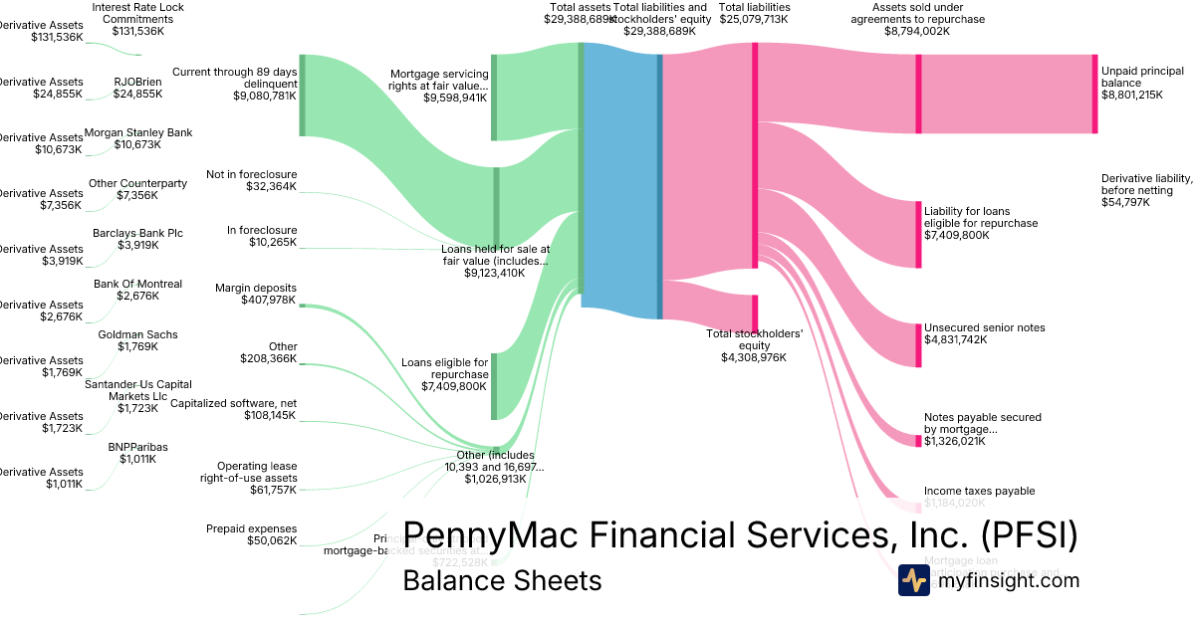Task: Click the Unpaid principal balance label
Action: (1142, 77)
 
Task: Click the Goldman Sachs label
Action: (137, 334)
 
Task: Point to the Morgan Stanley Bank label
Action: (138, 132)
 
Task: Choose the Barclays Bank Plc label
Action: (137, 233)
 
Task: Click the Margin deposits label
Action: (256, 288)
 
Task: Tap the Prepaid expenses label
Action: (251, 528)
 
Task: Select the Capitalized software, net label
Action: (234, 403)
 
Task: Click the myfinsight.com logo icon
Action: (913, 580)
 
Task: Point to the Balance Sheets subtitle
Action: (502, 580)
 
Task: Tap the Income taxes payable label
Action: (979, 491)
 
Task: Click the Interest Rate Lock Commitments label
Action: (137, 13)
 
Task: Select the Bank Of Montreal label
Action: (137, 284)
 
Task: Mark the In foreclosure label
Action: (262, 230)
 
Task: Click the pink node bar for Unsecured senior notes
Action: (918, 344)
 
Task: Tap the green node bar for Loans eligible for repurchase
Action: (494, 385)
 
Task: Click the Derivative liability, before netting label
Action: (1146, 179)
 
